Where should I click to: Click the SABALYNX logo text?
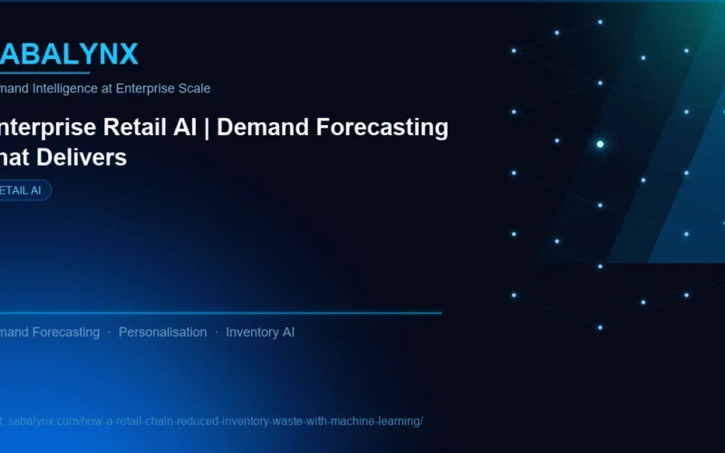pos(69,54)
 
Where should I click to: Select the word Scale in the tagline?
pos(194,89)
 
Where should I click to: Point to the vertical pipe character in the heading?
pos(208,128)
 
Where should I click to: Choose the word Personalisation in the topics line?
pos(162,333)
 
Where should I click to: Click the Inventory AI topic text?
pos(260,333)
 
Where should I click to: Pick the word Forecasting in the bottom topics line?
pos(66,333)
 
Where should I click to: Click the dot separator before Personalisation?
pos(110,333)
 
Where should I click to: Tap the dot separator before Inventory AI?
pos(217,333)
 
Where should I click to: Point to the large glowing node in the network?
pos(600,144)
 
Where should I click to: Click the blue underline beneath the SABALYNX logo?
pos(45,72)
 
